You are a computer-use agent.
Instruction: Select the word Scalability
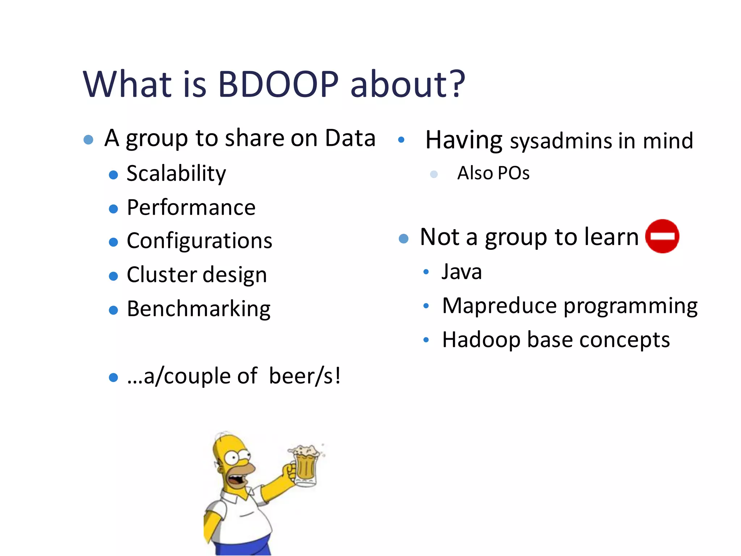click(176, 173)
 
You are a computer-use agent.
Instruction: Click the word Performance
click(191, 207)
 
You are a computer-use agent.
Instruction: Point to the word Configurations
click(199, 241)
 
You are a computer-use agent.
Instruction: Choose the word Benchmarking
click(199, 309)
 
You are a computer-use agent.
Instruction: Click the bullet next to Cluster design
click(113, 276)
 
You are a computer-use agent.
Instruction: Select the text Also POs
click(493, 173)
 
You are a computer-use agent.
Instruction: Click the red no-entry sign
click(662, 236)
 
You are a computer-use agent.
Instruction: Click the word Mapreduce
click(499, 306)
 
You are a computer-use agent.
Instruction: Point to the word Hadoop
click(481, 340)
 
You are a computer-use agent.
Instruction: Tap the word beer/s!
click(305, 376)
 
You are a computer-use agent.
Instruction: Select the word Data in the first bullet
click(350, 138)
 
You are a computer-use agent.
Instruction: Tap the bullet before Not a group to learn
click(403, 238)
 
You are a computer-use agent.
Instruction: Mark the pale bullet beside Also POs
click(433, 174)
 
